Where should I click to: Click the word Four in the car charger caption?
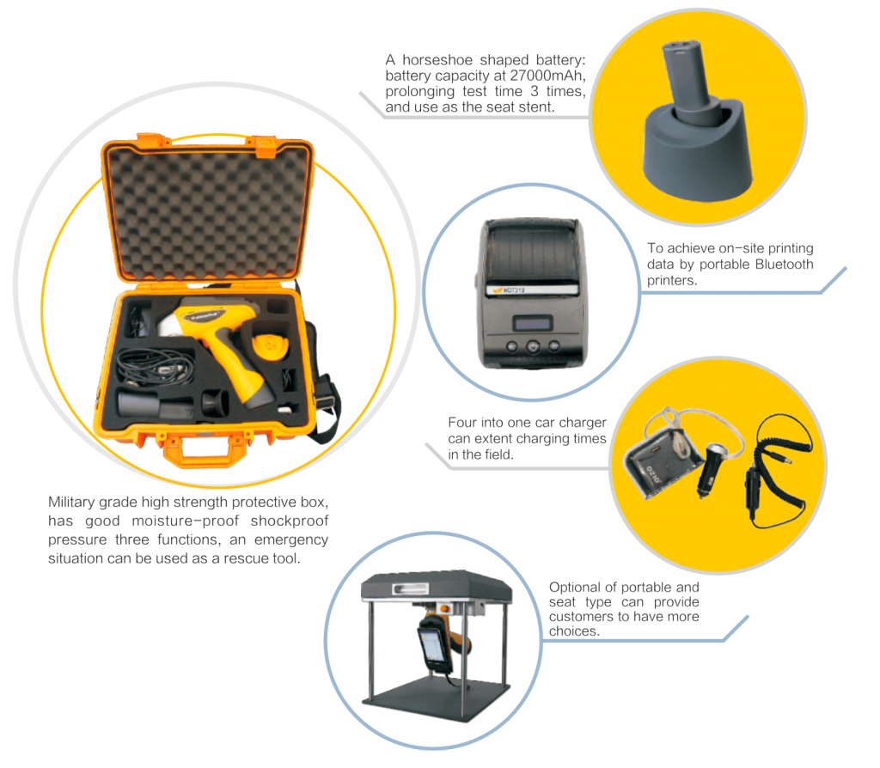[464, 423]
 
